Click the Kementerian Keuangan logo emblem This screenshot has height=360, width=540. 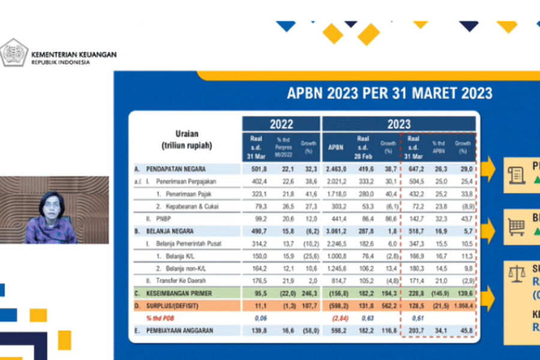pos(14,53)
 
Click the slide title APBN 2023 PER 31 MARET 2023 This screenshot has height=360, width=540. pos(389,94)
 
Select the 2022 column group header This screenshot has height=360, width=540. pos(281,124)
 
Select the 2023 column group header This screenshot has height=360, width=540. pos(398,124)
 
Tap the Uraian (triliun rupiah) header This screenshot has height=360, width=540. pos(187,139)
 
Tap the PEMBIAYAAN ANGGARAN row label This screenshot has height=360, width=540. pos(173,331)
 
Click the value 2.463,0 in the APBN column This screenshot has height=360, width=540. pos(337,170)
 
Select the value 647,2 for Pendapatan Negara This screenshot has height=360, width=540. pos(413,170)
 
